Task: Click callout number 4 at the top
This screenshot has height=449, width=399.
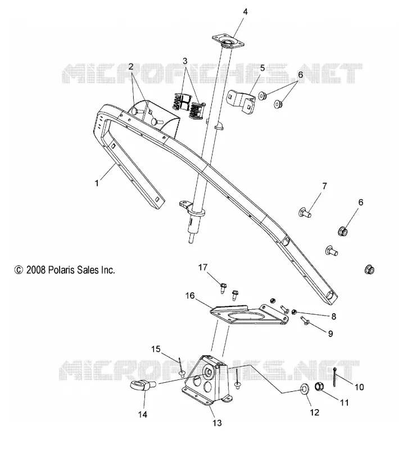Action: point(245,12)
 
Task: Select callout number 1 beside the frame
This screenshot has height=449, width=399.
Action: point(97,184)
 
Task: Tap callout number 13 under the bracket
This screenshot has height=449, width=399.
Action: point(217,423)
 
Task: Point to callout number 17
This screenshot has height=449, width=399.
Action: point(203,268)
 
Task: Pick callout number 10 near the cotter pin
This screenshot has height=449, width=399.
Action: point(359,387)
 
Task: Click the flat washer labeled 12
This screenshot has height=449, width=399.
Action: point(304,390)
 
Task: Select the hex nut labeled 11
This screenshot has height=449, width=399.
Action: point(319,387)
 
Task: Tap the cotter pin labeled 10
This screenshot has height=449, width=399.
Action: point(335,377)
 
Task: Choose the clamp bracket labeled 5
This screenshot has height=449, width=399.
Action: point(241,101)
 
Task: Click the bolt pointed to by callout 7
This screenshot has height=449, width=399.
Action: point(305,213)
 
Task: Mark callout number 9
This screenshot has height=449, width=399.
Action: point(330,333)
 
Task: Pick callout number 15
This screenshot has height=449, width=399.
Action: point(156,349)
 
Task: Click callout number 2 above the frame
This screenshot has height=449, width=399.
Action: point(131,67)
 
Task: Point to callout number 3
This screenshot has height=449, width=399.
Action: point(185,61)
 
